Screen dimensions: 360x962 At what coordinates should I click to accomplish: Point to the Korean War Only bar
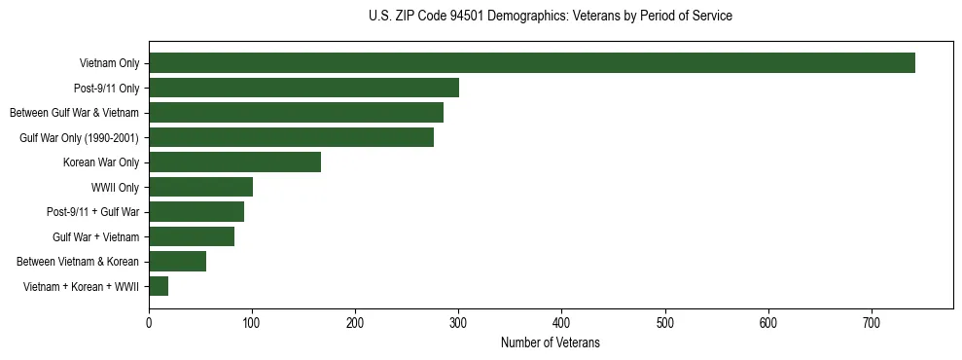pyautogui.click(x=234, y=162)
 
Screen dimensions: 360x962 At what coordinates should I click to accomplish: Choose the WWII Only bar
pyautogui.click(x=200, y=187)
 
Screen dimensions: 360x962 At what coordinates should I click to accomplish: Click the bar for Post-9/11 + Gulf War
pyautogui.click(x=196, y=212)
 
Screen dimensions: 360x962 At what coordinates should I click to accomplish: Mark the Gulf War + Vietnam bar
pyautogui.click(x=192, y=236)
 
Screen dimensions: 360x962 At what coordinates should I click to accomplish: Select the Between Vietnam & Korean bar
pyautogui.click(x=177, y=261)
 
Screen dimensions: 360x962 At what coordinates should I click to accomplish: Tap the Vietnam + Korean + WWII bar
pyautogui.click(x=159, y=286)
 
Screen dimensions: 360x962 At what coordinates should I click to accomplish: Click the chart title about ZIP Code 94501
pyautogui.click(x=551, y=17)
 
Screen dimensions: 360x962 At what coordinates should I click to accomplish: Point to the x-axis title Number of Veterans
pyautogui.click(x=551, y=343)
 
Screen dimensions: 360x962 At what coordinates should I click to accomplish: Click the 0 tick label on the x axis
pyautogui.click(x=149, y=323)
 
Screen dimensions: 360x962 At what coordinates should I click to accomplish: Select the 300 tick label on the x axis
pyautogui.click(x=458, y=323)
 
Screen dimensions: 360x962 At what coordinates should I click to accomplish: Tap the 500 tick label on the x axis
pyautogui.click(x=665, y=323)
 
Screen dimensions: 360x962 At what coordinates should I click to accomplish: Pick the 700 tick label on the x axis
pyautogui.click(x=872, y=323)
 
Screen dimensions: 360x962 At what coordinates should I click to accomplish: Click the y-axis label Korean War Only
pyautogui.click(x=101, y=162)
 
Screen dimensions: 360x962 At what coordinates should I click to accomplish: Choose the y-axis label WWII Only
pyautogui.click(x=115, y=187)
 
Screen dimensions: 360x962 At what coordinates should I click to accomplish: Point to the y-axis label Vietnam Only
pyautogui.click(x=109, y=63)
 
